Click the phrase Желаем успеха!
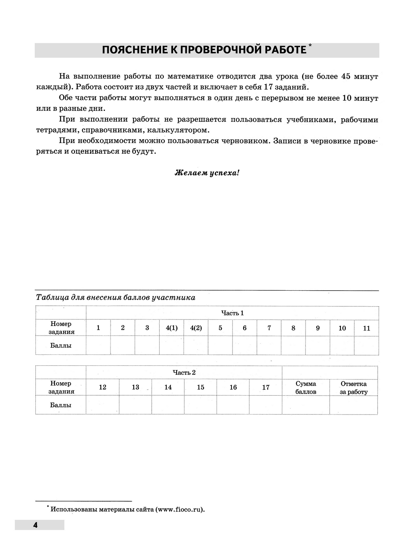coord(207,173)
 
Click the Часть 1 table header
coord(232,313)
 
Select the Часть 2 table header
coord(184,372)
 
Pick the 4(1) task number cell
coord(172,328)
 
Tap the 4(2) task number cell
coord(196,328)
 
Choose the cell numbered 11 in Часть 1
coord(367,328)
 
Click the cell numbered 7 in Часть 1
coord(269,328)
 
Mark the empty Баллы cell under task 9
coord(318,345)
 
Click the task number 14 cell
coord(168,387)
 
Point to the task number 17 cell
coord(266,387)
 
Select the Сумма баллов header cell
coord(306,387)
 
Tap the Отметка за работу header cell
coord(354,387)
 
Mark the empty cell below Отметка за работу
coord(354,405)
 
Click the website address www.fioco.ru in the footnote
coord(179,510)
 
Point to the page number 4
coord(35,525)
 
